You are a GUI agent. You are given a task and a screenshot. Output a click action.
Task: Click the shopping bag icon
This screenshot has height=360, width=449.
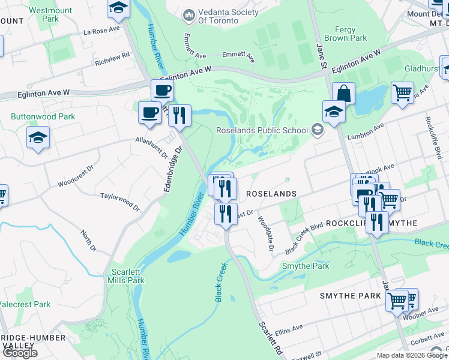(x=343, y=94)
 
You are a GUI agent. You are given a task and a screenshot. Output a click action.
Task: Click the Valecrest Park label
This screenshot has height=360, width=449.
(x=25, y=304)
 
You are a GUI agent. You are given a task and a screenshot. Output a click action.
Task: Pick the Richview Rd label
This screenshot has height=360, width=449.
(x=112, y=58)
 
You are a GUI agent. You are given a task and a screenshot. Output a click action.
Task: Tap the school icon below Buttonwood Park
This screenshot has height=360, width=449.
(x=38, y=139)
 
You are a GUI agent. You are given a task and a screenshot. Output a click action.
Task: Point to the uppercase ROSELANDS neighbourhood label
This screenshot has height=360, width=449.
(x=272, y=194)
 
